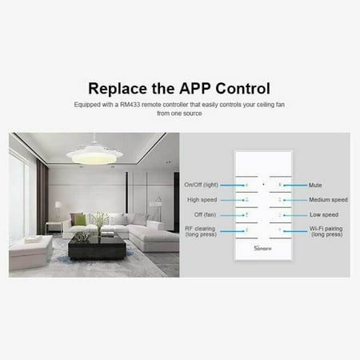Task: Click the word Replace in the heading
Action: [118, 88]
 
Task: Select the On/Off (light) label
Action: [200, 185]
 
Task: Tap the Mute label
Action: [316, 185]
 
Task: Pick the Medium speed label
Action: [328, 200]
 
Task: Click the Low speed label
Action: [323, 215]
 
